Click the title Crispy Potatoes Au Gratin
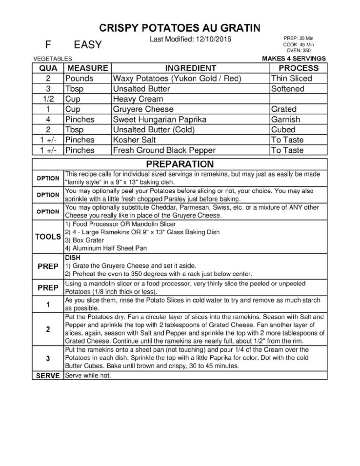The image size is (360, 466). (180, 28)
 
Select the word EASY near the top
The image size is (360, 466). (88, 45)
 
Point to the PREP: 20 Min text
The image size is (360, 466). (299, 38)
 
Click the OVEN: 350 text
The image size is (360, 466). (299, 50)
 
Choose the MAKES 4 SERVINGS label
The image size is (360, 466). (294, 58)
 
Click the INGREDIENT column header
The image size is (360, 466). (190, 68)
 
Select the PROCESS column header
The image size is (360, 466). (298, 68)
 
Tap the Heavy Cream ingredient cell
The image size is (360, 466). (138, 99)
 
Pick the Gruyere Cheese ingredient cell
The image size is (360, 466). (143, 109)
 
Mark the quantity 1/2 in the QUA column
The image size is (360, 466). (48, 99)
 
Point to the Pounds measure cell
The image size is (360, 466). (79, 78)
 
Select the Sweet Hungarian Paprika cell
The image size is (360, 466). (160, 119)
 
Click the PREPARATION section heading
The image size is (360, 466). (180, 164)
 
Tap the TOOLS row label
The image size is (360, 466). (48, 237)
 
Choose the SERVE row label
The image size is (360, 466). (48, 376)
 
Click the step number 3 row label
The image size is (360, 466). (48, 358)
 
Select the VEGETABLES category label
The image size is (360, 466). (53, 59)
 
